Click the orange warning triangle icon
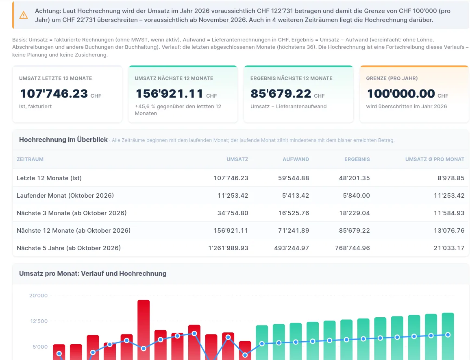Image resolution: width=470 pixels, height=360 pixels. [24, 15]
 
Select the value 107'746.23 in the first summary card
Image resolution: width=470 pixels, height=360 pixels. [54, 94]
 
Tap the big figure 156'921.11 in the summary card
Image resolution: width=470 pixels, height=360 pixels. [170, 94]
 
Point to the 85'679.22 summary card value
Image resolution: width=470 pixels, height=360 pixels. [281, 94]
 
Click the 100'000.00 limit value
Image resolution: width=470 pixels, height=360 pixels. [401, 94]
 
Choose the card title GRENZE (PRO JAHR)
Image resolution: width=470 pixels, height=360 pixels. [392, 78]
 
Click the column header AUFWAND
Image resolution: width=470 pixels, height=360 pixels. [296, 159]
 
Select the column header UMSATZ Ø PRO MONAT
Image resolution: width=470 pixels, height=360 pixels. [435, 159]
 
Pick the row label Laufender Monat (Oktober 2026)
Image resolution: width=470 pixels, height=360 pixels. [65, 196]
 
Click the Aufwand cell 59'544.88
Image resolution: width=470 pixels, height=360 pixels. [294, 178]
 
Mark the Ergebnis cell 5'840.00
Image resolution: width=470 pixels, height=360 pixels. [357, 196]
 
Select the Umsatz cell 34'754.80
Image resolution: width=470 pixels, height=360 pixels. [233, 213]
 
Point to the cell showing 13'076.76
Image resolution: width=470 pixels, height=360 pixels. [449, 230]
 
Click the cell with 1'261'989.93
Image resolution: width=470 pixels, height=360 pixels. [228, 248]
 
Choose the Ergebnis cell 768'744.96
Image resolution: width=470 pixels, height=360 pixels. [352, 248]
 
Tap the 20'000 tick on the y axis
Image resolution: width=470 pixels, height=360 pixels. [38, 295]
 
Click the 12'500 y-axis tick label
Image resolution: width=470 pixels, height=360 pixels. [39, 321]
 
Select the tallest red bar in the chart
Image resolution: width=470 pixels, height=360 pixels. [144, 329]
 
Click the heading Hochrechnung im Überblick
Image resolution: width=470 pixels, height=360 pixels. [63, 140]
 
